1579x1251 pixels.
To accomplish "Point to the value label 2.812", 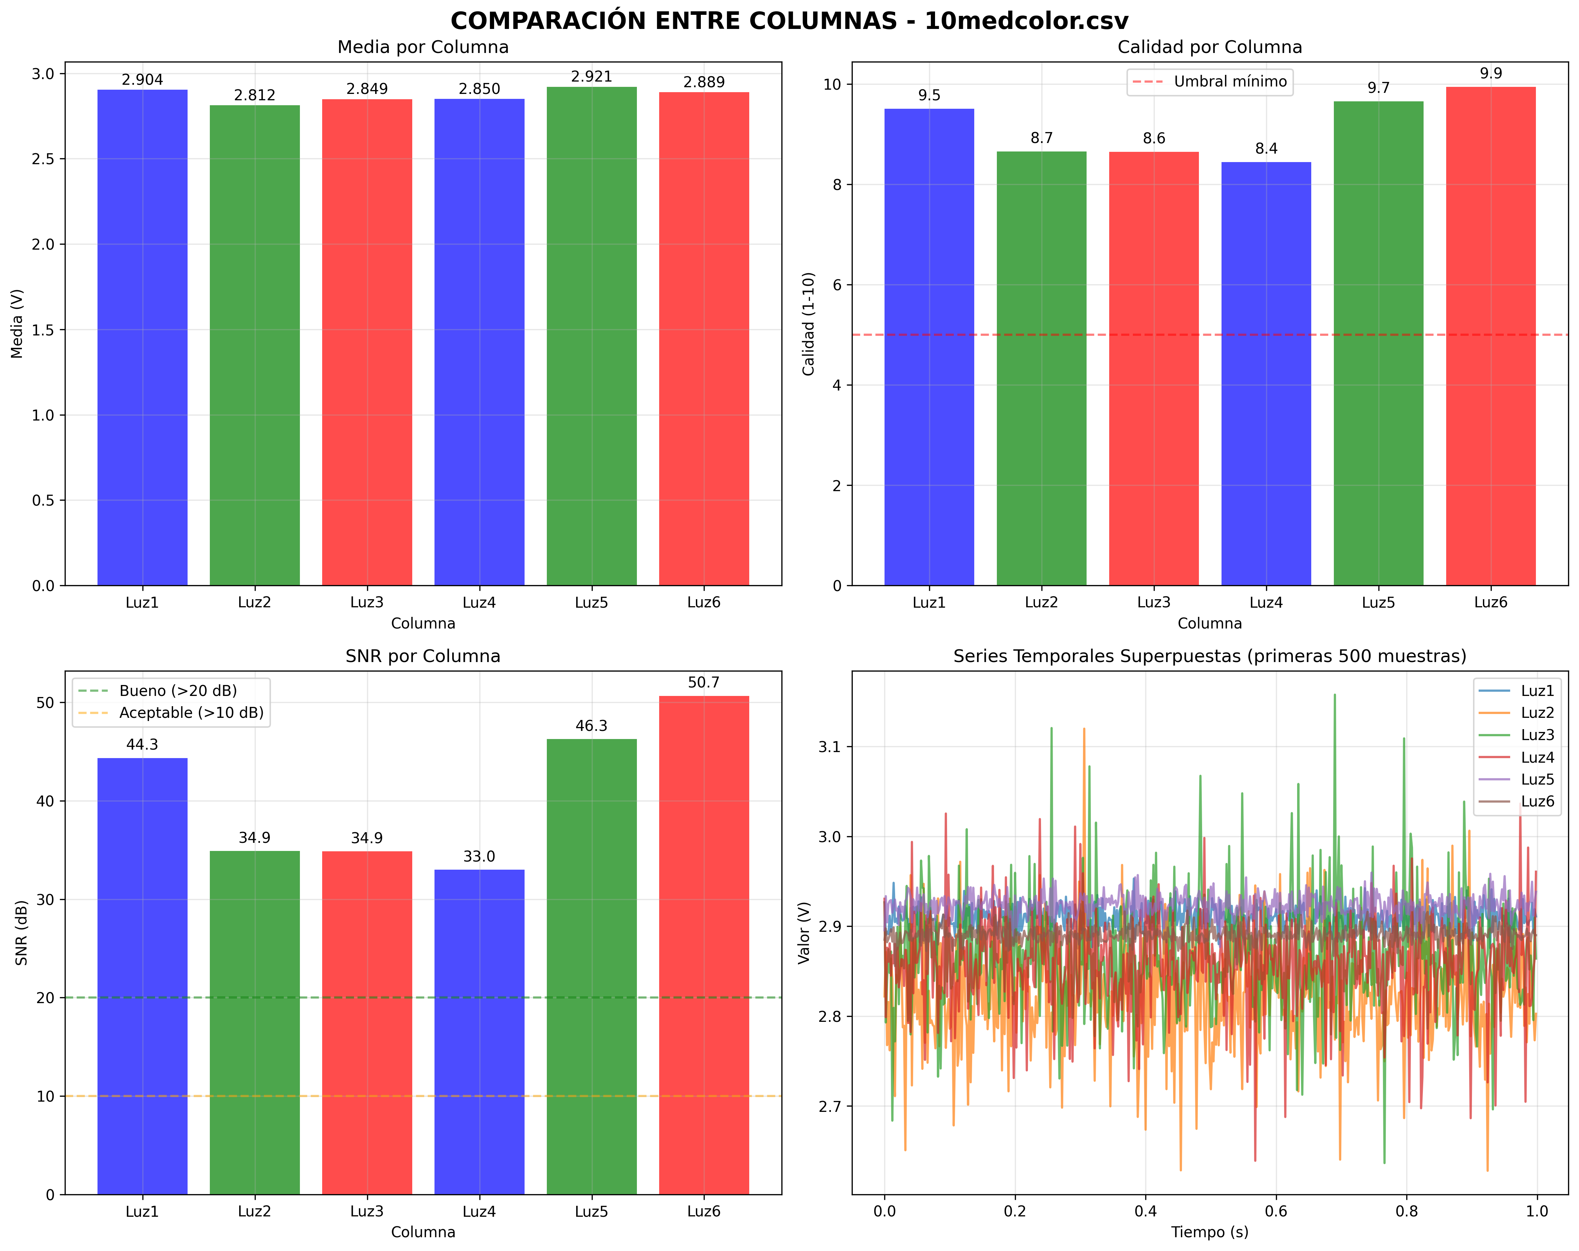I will pos(255,95).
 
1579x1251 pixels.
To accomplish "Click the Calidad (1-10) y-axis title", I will pos(809,323).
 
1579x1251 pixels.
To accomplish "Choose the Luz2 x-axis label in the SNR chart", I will pos(255,1211).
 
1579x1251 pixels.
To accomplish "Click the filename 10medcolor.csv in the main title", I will pos(1026,20).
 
